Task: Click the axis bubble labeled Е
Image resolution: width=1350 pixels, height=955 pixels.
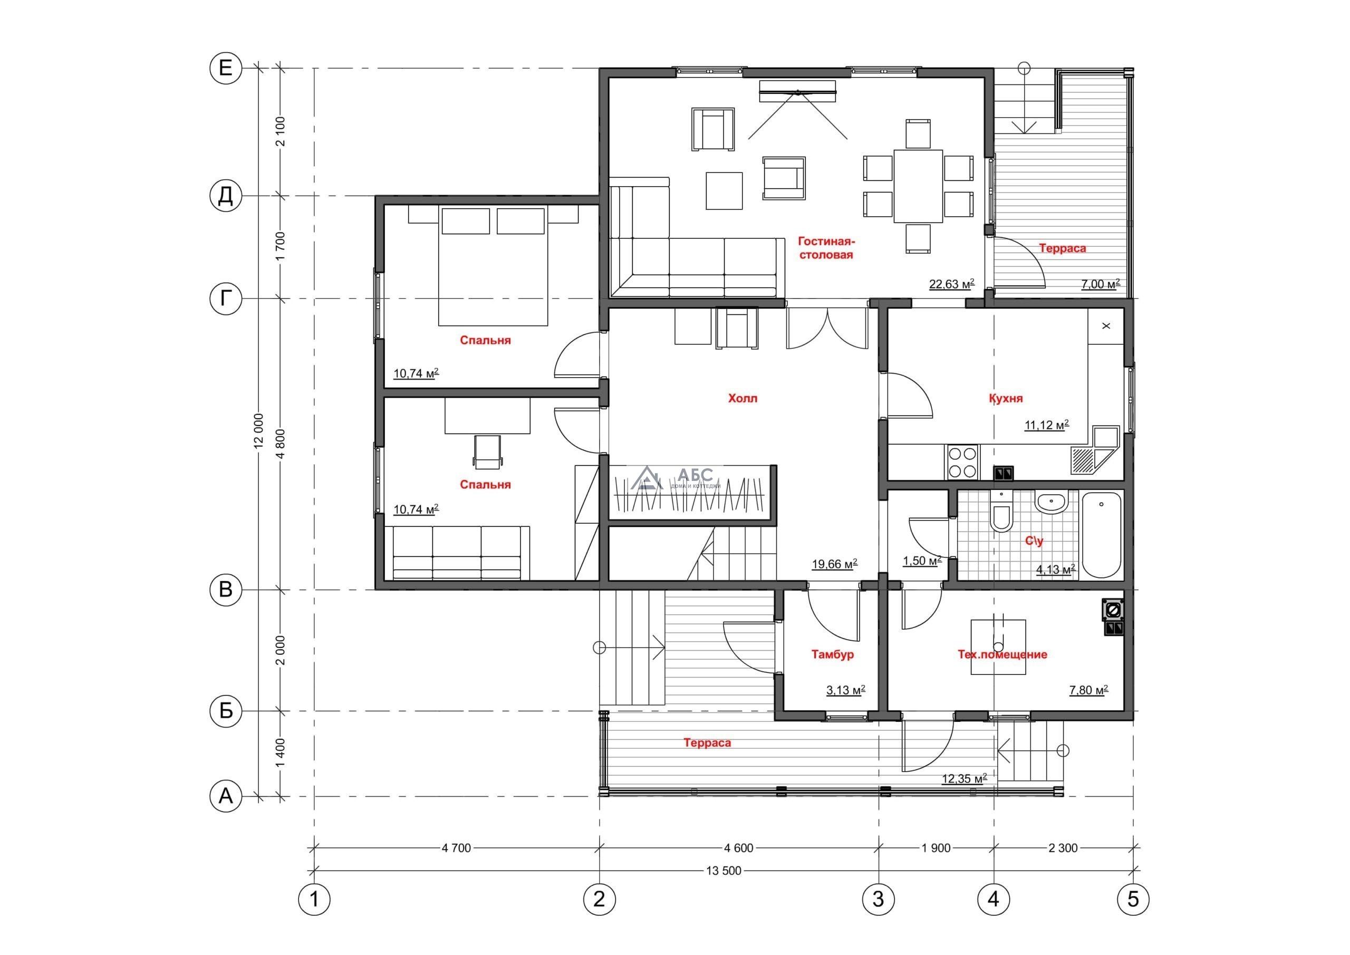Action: point(226,69)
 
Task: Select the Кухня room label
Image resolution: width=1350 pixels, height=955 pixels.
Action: point(1006,398)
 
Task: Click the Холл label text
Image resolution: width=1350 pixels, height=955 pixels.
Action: point(742,398)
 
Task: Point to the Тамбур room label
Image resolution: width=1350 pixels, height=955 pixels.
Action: point(833,654)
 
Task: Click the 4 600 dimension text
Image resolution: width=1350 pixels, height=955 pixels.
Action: point(738,848)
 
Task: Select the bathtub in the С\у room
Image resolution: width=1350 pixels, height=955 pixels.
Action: point(1101,536)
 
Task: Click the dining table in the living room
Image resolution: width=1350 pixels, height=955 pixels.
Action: point(919,186)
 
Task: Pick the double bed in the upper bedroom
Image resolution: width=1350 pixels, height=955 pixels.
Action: point(493,265)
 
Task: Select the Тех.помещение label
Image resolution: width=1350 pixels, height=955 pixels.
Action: point(1002,654)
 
